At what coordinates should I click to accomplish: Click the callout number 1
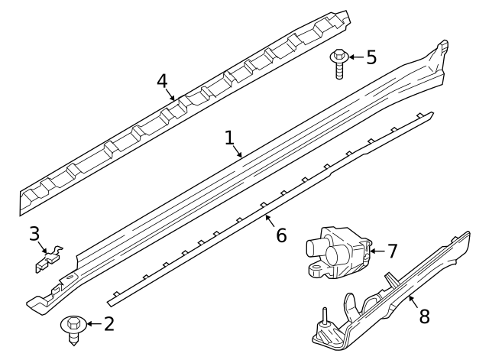pyautogui.click(x=229, y=138)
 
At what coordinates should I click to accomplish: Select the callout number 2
pyautogui.click(x=108, y=324)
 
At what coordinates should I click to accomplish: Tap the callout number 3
pyautogui.click(x=34, y=234)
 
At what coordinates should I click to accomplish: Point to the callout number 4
pyautogui.click(x=162, y=82)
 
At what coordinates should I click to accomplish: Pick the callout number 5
pyautogui.click(x=371, y=57)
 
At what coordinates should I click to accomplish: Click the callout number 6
pyautogui.click(x=281, y=235)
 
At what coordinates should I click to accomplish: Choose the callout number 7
pyautogui.click(x=392, y=251)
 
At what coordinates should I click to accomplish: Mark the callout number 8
pyautogui.click(x=425, y=316)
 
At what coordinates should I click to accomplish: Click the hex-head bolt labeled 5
pyautogui.click(x=338, y=63)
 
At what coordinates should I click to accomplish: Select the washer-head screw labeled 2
pyautogui.click(x=73, y=330)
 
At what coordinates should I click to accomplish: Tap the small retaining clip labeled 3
pyautogui.click(x=49, y=258)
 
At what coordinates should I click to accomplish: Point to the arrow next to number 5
pyautogui.click(x=356, y=57)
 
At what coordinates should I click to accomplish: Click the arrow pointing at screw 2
pyautogui.click(x=94, y=324)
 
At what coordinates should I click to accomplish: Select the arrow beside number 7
pyautogui.click(x=377, y=251)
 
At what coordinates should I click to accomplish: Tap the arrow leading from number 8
pyautogui.click(x=413, y=302)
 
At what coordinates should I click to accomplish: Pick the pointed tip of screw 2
pyautogui.click(x=73, y=345)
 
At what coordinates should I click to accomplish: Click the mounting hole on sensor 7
pyautogui.click(x=316, y=268)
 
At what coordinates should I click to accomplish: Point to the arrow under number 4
pyautogui.click(x=170, y=95)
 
